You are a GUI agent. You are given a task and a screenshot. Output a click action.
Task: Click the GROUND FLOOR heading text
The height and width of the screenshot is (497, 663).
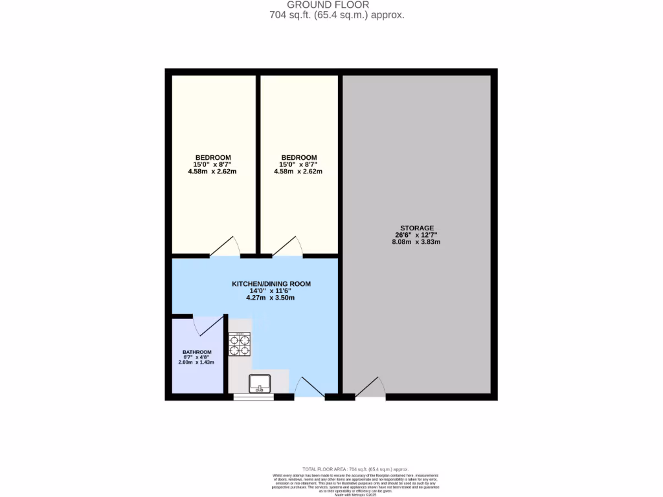click(337, 5)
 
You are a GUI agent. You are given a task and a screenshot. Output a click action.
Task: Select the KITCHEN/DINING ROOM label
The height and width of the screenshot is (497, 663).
click(271, 283)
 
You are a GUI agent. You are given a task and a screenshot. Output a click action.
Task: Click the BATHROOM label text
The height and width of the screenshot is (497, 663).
click(196, 353)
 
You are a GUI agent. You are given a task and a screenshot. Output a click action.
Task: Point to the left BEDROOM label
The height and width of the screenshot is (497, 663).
click(213, 157)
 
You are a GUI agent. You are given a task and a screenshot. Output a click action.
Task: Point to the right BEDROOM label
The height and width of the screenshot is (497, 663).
click(298, 157)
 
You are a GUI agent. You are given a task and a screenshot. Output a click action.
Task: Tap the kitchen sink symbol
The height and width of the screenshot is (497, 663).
click(260, 383)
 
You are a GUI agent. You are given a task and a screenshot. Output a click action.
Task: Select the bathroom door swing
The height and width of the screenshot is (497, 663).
click(207, 326)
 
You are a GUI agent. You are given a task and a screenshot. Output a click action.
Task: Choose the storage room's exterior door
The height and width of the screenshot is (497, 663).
click(370, 388)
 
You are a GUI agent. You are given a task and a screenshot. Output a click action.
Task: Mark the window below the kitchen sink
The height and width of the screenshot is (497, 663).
click(254, 397)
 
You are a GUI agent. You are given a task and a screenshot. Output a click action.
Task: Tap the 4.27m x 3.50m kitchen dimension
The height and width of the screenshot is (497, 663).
click(271, 298)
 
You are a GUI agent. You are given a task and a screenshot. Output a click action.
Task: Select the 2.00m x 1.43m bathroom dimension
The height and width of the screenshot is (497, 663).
click(196, 362)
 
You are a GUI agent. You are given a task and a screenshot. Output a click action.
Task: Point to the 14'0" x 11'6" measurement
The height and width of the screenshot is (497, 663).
click(271, 291)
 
